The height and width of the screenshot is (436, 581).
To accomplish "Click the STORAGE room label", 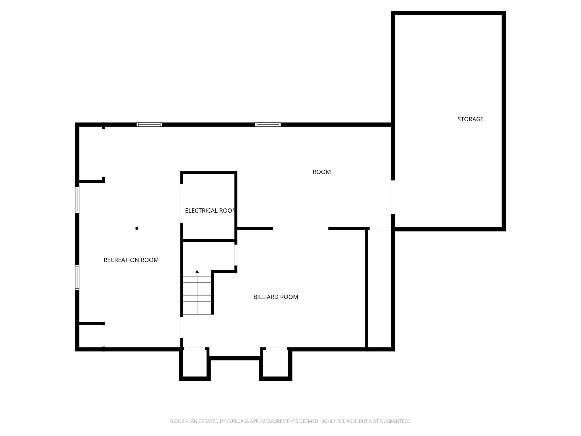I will [470, 119].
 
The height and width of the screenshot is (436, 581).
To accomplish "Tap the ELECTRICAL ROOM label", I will [210, 211].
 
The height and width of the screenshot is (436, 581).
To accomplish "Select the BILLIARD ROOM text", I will [276, 297].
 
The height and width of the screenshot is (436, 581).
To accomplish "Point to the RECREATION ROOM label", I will [131, 260].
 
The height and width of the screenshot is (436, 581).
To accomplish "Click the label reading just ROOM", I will [322, 172].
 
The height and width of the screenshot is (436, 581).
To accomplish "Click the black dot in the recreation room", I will [137, 228].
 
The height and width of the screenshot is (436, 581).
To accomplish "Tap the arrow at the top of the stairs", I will [197, 272].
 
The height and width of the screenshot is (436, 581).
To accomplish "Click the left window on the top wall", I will [149, 125].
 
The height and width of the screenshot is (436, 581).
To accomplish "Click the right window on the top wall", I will [268, 125].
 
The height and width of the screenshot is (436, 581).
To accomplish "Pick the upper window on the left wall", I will [77, 200].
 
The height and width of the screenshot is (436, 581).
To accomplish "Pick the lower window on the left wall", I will [77, 277].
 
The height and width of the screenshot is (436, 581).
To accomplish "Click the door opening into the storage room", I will [393, 197].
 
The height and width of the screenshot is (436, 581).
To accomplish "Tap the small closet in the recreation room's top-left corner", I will [90, 153].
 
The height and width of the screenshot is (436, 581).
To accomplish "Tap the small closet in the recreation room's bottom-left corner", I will [90, 336].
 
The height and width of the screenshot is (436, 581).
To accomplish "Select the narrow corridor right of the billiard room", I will [380, 288].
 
